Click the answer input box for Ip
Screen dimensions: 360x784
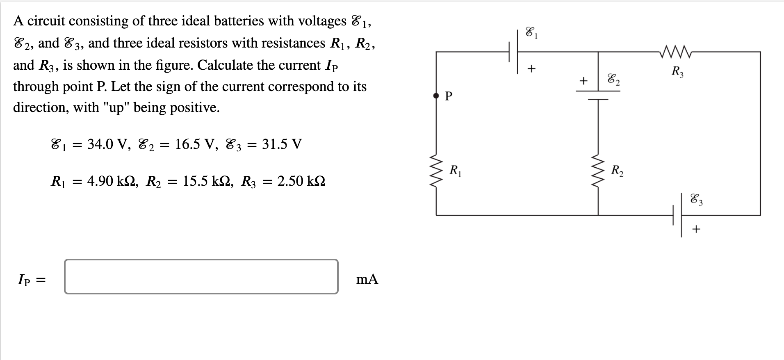201,276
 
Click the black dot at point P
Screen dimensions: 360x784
436,96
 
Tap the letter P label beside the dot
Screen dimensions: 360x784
449,96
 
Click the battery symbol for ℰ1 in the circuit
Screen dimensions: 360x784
513,52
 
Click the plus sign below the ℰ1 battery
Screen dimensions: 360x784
531,69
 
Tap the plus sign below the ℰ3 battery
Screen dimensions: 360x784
696,229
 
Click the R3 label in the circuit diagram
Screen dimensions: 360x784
677,72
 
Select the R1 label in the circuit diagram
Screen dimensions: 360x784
455,170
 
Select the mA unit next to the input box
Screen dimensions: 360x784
367,279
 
